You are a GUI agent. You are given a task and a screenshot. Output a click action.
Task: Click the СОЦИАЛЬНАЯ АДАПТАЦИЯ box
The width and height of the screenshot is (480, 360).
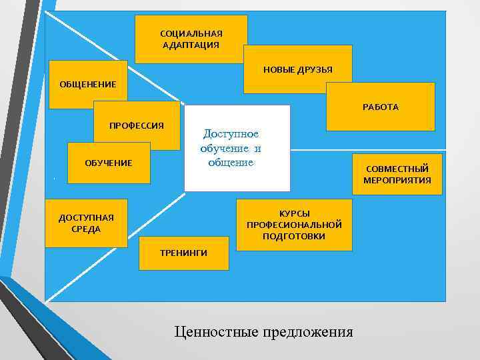pos(191,39)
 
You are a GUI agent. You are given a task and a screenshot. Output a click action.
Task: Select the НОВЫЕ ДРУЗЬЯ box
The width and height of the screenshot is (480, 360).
pos(297,69)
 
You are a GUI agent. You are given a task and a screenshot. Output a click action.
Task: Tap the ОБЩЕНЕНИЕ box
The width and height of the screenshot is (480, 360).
pos(88,85)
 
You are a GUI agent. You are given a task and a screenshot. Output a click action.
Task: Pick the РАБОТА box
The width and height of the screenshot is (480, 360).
pos(380,107)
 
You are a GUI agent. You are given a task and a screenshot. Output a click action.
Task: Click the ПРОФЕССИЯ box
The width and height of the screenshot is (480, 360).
pos(137,125)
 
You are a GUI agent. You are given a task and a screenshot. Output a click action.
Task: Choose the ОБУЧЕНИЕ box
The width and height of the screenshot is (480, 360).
pos(109,163)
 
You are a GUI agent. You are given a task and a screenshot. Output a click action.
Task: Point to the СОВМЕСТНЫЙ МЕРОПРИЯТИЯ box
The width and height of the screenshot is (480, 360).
pos(397,174)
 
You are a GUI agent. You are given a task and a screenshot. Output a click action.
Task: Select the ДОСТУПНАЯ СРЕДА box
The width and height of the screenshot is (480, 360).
pos(86,223)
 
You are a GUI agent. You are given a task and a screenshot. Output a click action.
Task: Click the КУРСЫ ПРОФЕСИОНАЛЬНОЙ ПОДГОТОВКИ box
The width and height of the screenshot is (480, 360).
pos(294,225)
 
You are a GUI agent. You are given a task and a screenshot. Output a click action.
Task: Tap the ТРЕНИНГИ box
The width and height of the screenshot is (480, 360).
pos(183,253)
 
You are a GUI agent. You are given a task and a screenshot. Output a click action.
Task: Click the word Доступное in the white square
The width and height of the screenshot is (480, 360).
pos(231,135)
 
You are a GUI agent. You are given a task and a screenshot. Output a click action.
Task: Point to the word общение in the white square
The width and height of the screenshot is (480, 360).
pos(231,163)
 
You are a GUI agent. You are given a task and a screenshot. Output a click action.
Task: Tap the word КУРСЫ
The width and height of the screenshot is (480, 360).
pos(294,213)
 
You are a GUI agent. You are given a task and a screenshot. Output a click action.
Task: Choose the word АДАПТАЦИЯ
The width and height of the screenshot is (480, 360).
pos(191,45)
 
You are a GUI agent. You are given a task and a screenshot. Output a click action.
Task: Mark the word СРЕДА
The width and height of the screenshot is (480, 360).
pos(86,229)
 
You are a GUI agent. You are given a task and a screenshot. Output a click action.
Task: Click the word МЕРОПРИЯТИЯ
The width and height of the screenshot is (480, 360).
pos(397,180)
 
